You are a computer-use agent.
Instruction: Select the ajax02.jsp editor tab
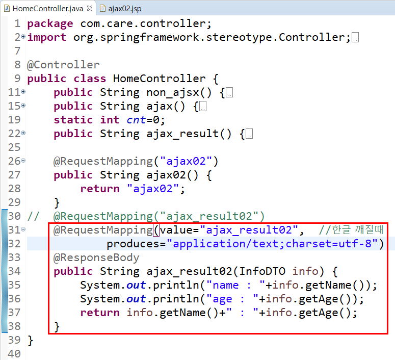[x=122, y=8]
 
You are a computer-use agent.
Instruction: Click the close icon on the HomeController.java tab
[x=90, y=8]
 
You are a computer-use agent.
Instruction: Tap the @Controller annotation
[x=63, y=65]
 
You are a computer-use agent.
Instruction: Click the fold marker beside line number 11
[x=23, y=92]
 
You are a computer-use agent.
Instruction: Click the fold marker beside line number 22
[x=23, y=134]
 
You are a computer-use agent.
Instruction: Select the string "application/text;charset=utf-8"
[x=275, y=244]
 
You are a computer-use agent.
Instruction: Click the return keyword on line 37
[x=100, y=313]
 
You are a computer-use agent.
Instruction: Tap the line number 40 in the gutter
[x=14, y=354]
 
